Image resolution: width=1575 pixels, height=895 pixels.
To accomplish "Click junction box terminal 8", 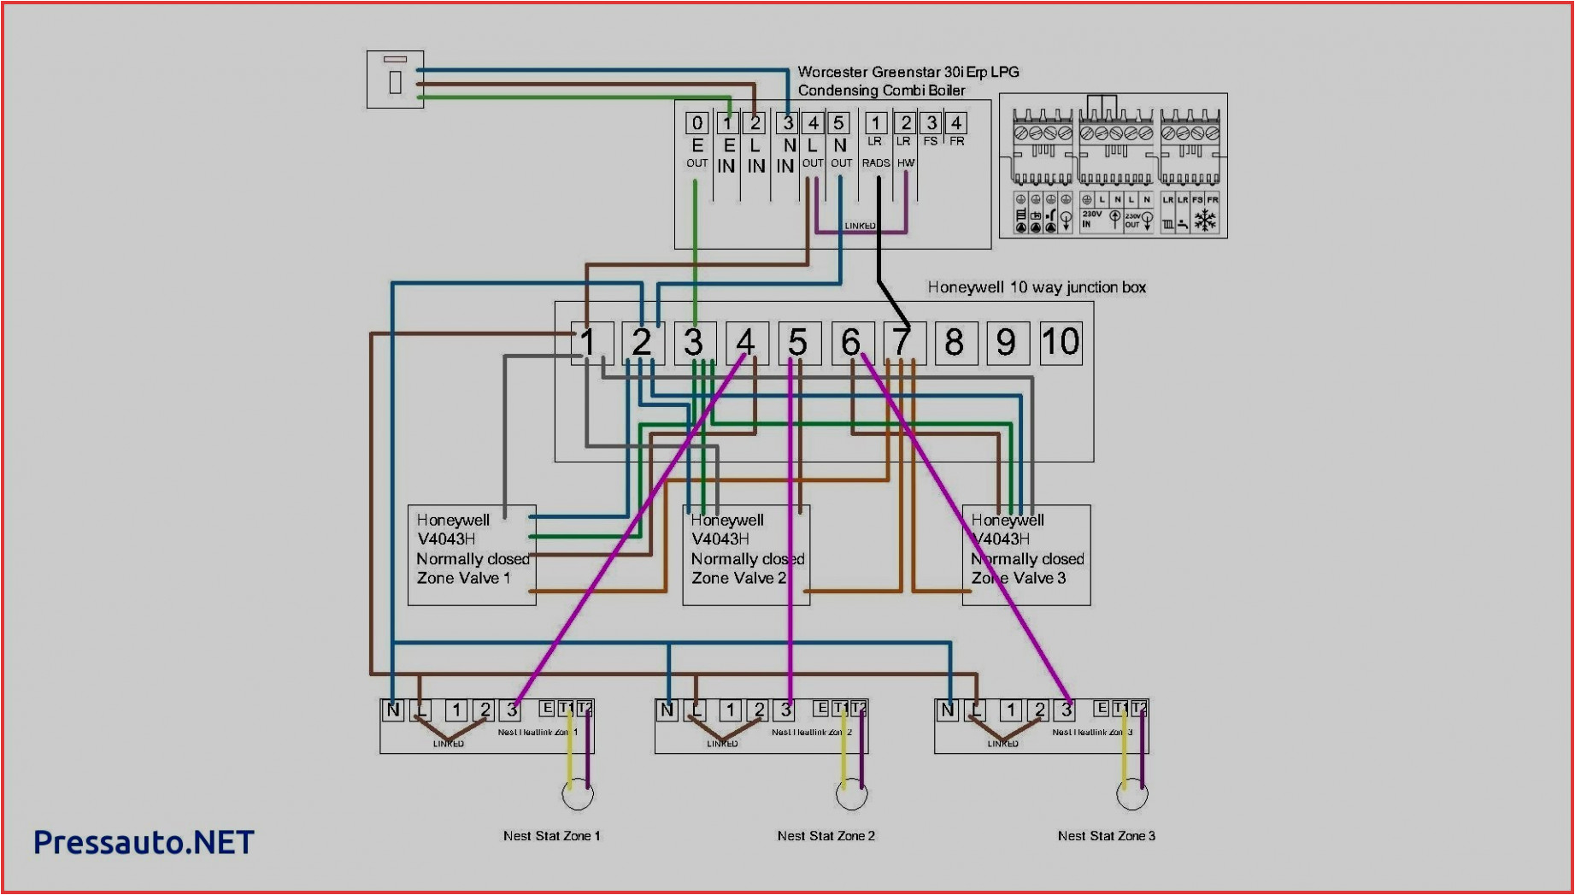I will pos(955,342).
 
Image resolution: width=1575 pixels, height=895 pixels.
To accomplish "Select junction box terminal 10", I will pos(1061,342).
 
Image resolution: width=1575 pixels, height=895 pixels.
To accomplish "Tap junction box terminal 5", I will pos(798,342).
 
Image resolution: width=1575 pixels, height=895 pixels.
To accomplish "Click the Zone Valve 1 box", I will pos(472,555).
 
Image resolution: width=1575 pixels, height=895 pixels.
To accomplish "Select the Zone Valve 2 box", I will pos(746,555).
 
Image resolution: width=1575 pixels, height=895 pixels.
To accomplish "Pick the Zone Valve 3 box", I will pos(1026,555).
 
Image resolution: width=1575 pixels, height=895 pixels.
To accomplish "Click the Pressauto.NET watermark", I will pos(144,842).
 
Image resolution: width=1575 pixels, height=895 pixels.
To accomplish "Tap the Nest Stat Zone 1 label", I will pos(551,835).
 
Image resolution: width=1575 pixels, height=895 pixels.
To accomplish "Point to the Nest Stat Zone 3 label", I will pos(1106,835).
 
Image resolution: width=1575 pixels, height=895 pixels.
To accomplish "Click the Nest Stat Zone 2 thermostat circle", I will pos(851,795).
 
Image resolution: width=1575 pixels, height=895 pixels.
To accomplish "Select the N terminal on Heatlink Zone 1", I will pos(392,710).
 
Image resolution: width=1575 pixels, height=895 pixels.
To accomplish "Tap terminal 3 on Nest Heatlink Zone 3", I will pos(1066,710).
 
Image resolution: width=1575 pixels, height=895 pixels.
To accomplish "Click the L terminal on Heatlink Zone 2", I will pos(696,710).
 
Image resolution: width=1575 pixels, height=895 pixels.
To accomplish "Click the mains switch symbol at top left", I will pos(395,79).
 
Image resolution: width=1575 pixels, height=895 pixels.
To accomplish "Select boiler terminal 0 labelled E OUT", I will pos(696,123).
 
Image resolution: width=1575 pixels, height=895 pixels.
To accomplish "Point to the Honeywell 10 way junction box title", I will pos(1037,287).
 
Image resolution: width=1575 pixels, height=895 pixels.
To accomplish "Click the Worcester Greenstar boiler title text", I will pos(908,80).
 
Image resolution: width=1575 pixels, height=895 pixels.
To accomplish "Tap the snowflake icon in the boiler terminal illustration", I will pos(1205,221).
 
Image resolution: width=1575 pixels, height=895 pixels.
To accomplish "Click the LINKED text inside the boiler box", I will pos(860,226).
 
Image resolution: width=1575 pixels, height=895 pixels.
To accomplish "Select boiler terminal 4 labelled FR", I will pos(956,123).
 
